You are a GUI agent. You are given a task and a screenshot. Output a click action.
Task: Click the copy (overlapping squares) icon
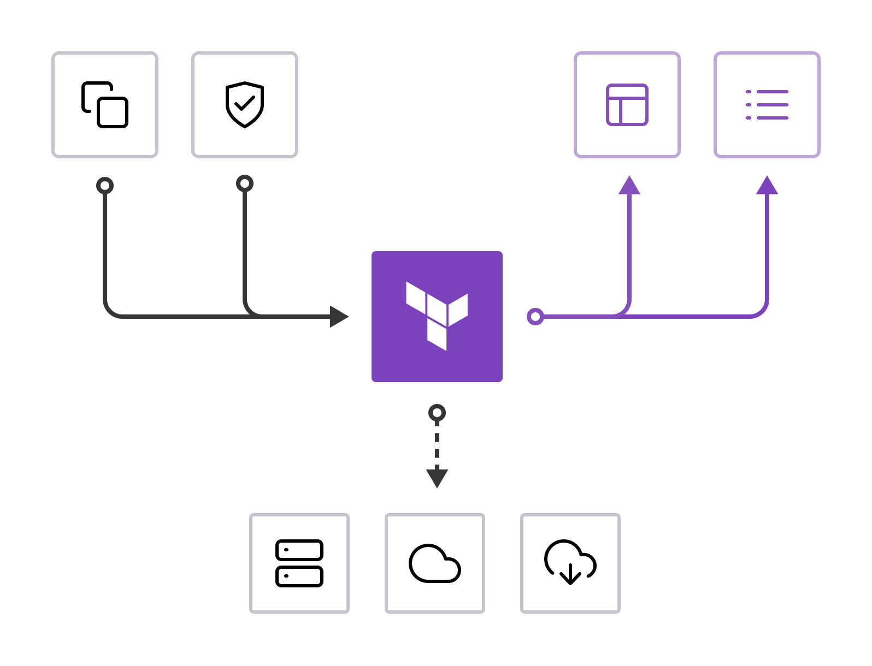[105, 105]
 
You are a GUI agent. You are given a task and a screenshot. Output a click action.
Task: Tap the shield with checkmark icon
[245, 105]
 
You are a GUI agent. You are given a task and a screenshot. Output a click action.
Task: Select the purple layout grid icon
[627, 105]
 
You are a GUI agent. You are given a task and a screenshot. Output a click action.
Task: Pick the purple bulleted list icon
[767, 105]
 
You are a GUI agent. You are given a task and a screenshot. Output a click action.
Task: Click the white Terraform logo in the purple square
[437, 316]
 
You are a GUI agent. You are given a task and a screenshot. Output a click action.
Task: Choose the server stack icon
[299, 563]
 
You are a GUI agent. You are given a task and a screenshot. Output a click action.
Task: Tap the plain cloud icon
[435, 563]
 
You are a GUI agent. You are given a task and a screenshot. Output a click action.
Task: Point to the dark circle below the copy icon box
[105, 186]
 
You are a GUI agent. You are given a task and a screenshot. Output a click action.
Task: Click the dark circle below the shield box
[245, 183]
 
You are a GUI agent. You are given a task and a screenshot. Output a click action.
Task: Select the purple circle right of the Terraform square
[535, 316]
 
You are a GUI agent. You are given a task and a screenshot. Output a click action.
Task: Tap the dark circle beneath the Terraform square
[437, 413]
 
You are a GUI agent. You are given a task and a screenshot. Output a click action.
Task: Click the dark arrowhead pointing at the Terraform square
[339, 316]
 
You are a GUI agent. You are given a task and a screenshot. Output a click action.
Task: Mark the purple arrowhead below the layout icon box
[629, 186]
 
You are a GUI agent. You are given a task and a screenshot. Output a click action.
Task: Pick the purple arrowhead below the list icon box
[767, 186]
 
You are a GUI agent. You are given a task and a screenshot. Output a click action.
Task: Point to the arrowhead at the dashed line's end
[437, 478]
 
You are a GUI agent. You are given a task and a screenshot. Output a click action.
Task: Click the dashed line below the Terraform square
[437, 445]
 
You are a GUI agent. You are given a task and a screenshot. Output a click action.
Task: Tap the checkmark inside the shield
[245, 103]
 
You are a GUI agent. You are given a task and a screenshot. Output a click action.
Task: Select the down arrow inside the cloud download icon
[570, 574]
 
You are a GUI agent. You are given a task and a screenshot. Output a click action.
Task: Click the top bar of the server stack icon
[299, 550]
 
